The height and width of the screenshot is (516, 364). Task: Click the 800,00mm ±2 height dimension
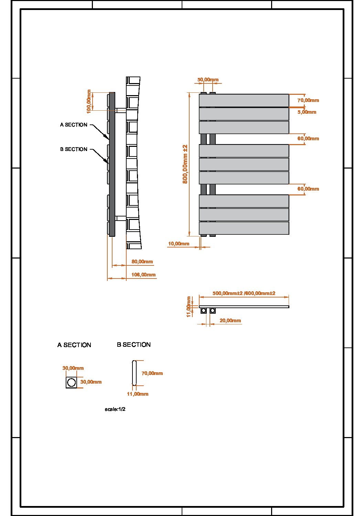pyautogui.click(x=185, y=164)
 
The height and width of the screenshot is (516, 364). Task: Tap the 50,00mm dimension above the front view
pyautogui.click(x=208, y=80)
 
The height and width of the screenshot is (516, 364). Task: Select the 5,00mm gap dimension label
pyautogui.click(x=307, y=112)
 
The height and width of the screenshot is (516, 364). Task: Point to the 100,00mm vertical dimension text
pyautogui.click(x=89, y=101)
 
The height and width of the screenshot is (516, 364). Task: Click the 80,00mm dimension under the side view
pyautogui.click(x=142, y=262)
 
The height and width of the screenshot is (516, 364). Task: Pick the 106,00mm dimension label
pyautogui.click(x=143, y=275)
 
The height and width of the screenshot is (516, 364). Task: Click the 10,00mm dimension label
pyautogui.click(x=179, y=244)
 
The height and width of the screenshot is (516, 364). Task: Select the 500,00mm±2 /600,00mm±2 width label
pyautogui.click(x=244, y=293)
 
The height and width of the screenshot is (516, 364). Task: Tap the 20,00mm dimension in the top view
pyautogui.click(x=230, y=321)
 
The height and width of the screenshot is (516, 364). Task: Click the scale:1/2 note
pyautogui.click(x=115, y=409)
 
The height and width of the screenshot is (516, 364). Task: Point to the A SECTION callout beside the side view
pyautogui.click(x=74, y=125)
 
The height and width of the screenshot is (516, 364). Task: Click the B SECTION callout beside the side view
pyautogui.click(x=74, y=149)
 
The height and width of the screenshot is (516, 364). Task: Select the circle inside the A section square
pyautogui.click(x=72, y=382)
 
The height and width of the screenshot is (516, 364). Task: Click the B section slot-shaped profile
pyautogui.click(x=134, y=373)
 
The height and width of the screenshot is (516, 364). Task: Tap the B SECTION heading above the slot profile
pyautogui.click(x=133, y=345)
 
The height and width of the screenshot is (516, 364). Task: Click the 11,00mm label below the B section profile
pyautogui.click(x=138, y=394)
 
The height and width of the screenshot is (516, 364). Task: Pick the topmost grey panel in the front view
pyautogui.click(x=244, y=100)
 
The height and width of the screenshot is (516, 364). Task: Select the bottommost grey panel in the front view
pyautogui.click(x=244, y=228)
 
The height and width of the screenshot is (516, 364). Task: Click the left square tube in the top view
pyautogui.click(x=204, y=311)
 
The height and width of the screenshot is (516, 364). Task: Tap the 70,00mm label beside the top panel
pyautogui.click(x=308, y=100)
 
